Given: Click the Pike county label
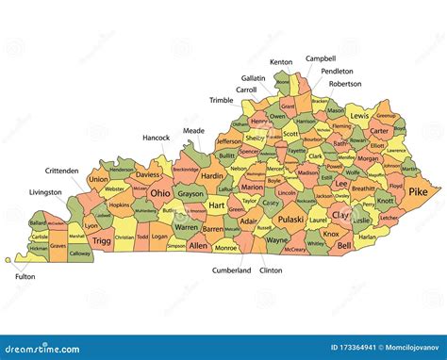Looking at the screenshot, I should pyautogui.click(x=418, y=192).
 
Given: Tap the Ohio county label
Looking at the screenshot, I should pyautogui.click(x=161, y=194).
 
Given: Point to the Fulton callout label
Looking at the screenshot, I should pyautogui.click(x=25, y=277).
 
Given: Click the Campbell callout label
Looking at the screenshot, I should pyautogui.click(x=321, y=58).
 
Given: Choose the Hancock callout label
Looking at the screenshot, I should pyautogui.click(x=156, y=138).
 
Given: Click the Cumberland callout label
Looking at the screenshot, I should pyautogui.click(x=231, y=270).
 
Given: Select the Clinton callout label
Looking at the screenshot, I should pyautogui.click(x=271, y=270).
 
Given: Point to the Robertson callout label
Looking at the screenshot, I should pyautogui.click(x=345, y=84).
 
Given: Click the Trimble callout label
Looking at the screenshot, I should pyautogui.click(x=221, y=100).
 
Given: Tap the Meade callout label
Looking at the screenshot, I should pyautogui.click(x=193, y=131).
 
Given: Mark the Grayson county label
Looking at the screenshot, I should pyautogui.click(x=190, y=194).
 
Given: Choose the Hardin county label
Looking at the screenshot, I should pyautogui.click(x=212, y=175).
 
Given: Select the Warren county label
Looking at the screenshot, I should pyautogui.click(x=187, y=228).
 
